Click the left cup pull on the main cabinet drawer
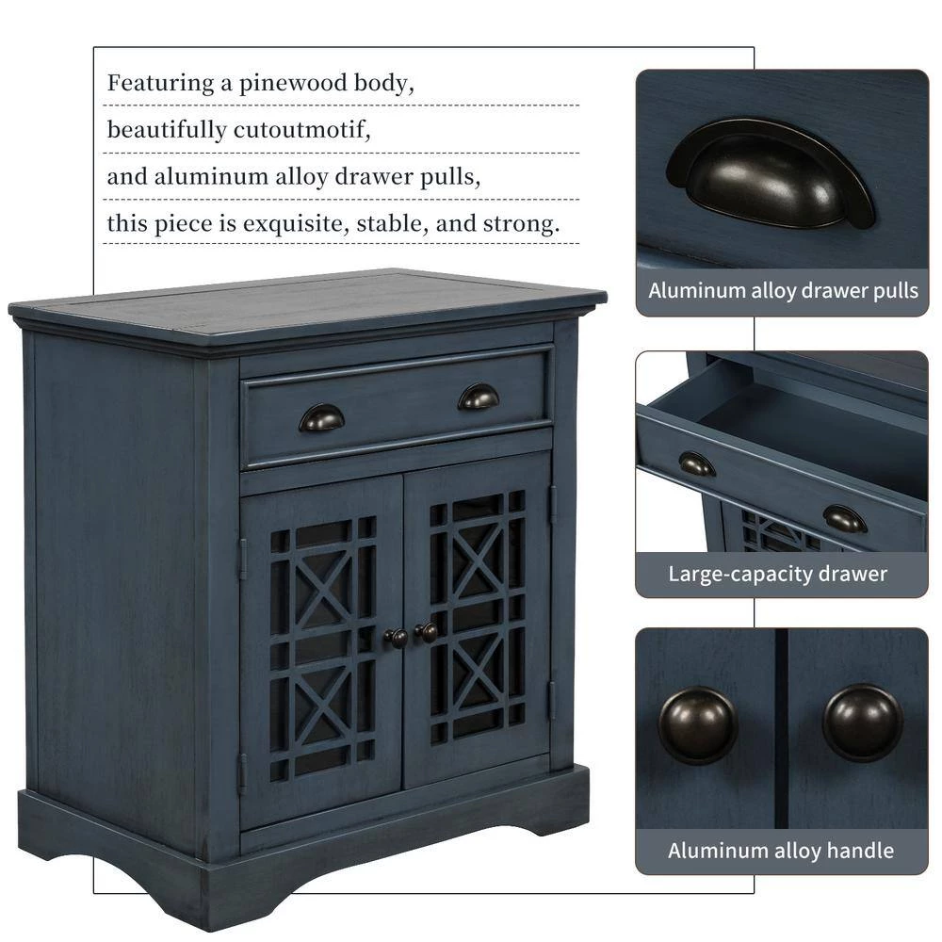pos(321,417)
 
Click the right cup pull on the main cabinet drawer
pos(479,397)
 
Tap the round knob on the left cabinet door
pos(397,638)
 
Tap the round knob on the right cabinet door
pos(428,632)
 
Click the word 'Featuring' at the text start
pos(160,83)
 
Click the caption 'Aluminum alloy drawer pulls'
pos(783,290)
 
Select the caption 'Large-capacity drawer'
pos(778,573)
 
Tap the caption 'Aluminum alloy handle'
pos(781,851)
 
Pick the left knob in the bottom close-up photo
pos(698,724)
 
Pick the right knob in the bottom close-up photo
pos(862,723)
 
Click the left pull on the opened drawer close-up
pos(697,463)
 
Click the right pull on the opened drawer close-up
pos(844,518)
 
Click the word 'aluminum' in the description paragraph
pos(203,176)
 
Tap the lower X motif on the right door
pos(478,670)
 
